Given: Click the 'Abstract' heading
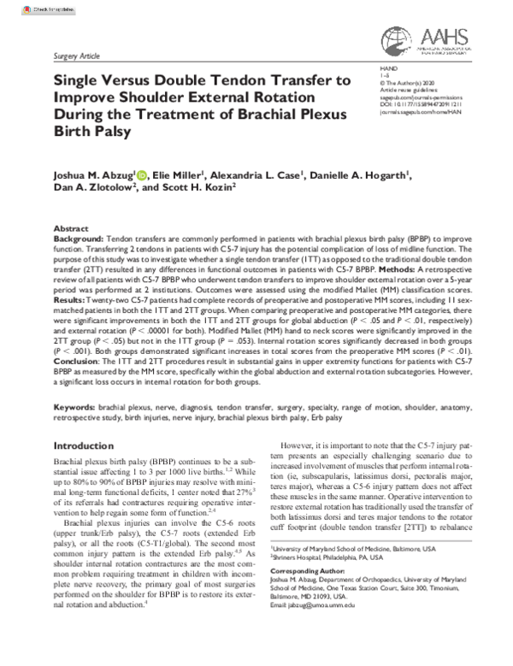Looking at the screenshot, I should pos(70,230).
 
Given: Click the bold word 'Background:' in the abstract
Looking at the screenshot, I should pos(78,240).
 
